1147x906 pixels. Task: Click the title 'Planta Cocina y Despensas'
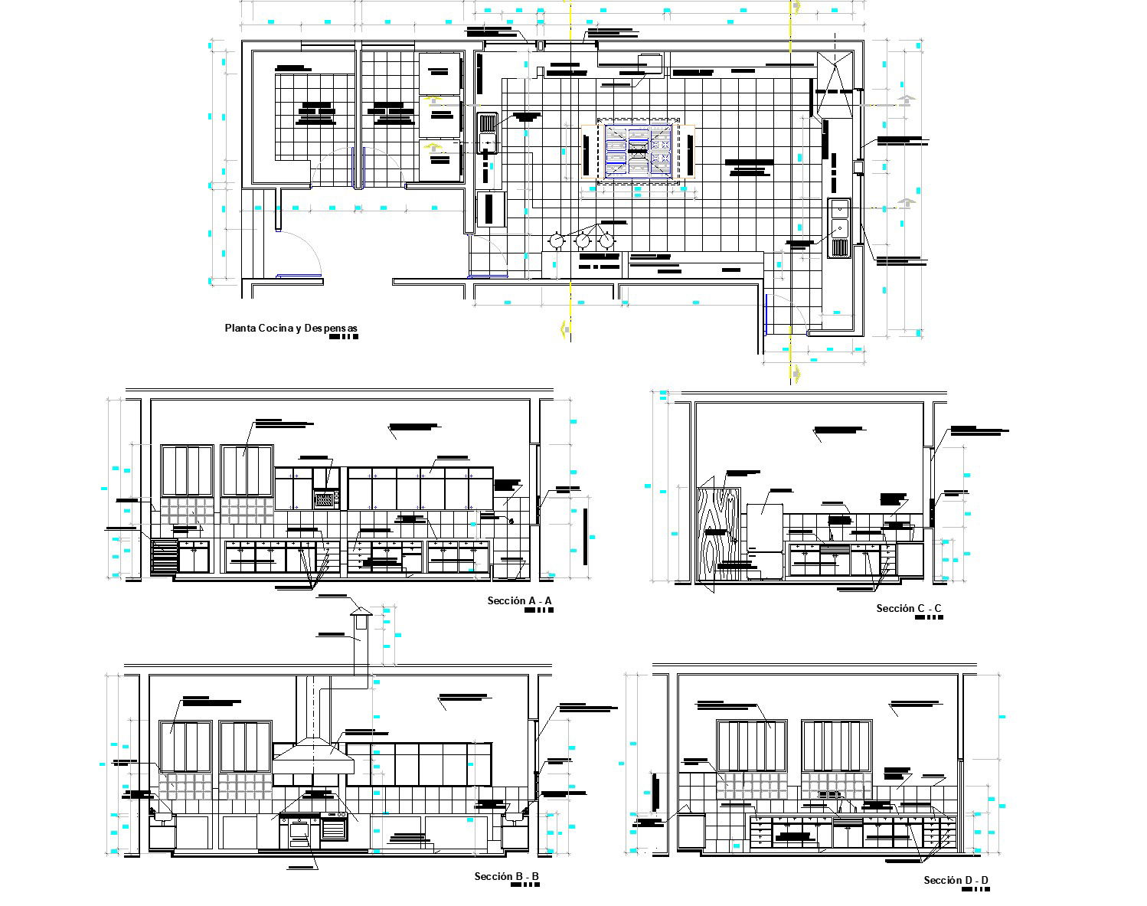[x=290, y=329]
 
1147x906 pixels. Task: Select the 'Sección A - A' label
[x=519, y=601]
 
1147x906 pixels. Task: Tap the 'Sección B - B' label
[x=506, y=876]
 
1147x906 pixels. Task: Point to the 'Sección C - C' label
[x=909, y=609]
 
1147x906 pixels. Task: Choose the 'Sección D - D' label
[x=956, y=880]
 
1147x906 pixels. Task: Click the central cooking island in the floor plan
[x=638, y=150]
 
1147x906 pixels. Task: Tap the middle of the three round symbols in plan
[x=583, y=241]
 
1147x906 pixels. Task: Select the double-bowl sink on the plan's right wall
[x=839, y=227]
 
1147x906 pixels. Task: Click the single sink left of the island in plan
[x=487, y=132]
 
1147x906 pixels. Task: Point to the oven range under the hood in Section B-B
[x=299, y=832]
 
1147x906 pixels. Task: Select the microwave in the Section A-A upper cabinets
[x=326, y=499]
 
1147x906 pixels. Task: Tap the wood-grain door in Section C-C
[x=718, y=536]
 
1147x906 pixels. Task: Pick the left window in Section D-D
[x=751, y=745]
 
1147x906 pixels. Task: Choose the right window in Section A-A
[x=247, y=471]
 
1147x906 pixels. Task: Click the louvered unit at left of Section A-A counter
[x=164, y=557]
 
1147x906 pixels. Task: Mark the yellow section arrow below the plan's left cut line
[x=566, y=329]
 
